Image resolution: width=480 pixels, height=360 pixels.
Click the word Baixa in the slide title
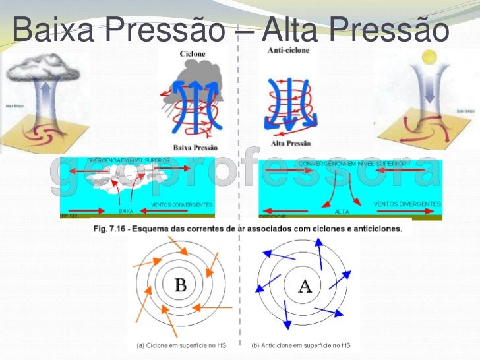click(52, 29)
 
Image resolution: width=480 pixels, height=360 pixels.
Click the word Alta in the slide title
click(293, 29)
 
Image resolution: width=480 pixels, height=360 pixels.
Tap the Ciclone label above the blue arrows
click(192, 53)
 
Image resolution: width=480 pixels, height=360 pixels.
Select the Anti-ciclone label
click(289, 50)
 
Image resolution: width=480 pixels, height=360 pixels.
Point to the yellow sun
click(431, 58)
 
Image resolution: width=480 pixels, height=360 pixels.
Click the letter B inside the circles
click(179, 285)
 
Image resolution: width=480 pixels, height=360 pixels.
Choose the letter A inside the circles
click(304, 286)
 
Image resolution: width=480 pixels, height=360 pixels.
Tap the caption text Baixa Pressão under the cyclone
click(195, 147)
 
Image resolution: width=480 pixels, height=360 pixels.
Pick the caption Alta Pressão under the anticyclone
click(289, 144)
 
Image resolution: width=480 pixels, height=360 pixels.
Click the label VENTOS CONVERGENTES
click(182, 204)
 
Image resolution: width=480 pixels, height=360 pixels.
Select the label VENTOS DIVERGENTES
click(407, 204)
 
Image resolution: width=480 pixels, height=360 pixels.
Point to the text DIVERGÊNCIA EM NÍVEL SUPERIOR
click(128, 160)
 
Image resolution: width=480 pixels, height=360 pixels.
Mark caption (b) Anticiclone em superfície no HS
click(301, 345)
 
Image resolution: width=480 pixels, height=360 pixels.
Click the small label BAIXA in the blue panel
click(126, 212)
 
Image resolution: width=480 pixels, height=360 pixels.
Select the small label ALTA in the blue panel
click(342, 212)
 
